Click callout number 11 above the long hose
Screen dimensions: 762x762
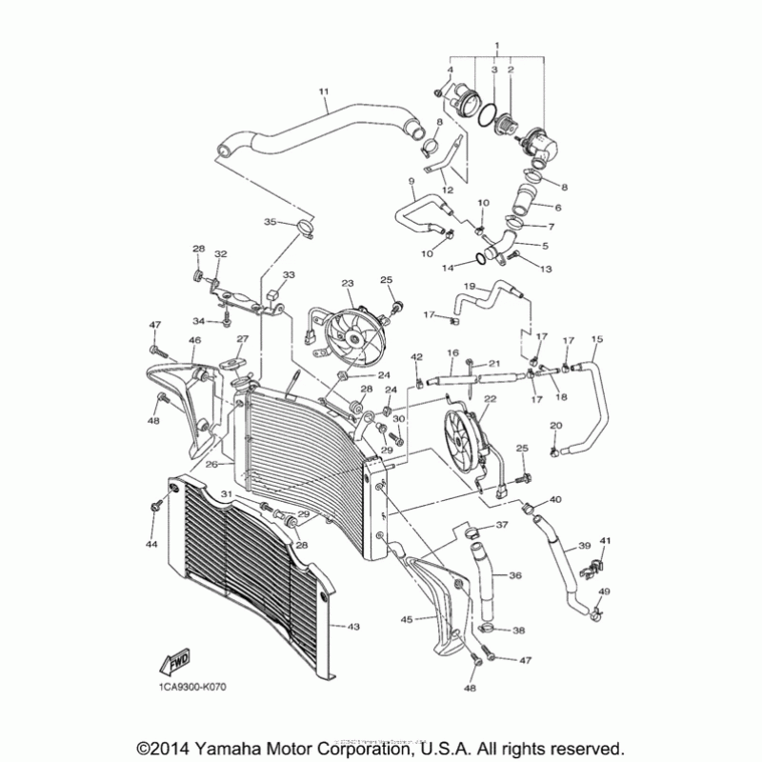tap(323, 91)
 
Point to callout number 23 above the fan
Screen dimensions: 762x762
tap(348, 283)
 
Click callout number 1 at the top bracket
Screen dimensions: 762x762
tap(496, 46)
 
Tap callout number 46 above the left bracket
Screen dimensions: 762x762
tap(194, 340)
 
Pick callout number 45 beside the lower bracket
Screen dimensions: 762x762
tap(406, 619)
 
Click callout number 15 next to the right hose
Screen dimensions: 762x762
tap(597, 339)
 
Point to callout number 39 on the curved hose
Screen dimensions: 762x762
tap(584, 548)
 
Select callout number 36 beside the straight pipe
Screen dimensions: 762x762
tap(514, 575)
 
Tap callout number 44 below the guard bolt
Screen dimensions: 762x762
tap(150, 544)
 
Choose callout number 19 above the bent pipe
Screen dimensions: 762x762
tap(470, 286)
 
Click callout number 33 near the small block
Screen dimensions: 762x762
tap(289, 274)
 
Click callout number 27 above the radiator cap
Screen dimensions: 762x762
tap(242, 339)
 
